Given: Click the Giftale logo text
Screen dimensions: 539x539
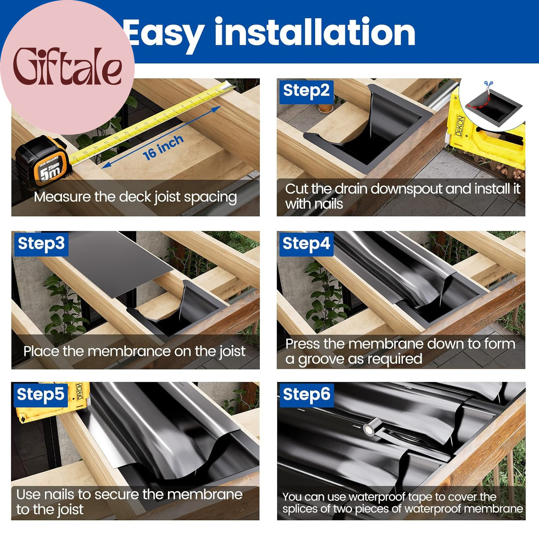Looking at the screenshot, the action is pos(67,66).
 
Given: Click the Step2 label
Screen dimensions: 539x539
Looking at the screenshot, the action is pos(306,90).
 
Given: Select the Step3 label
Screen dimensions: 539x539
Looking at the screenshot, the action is pos(41,243).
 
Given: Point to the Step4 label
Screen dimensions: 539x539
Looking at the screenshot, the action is pos(306,243).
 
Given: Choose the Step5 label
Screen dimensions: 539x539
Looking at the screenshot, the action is pos(41,395).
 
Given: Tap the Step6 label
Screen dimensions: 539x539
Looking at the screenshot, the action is pos(307,395).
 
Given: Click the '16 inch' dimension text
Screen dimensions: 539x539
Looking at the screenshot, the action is pos(163,148).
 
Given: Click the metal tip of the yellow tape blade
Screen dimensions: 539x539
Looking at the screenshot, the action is pos(229,85).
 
